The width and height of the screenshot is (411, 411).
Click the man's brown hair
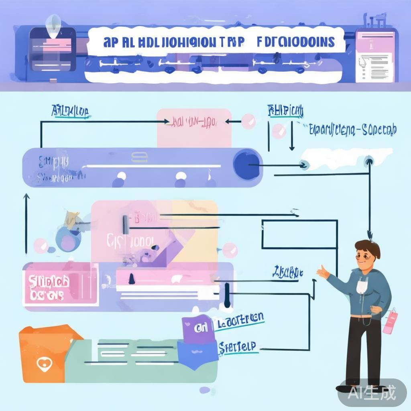(x=368, y=248)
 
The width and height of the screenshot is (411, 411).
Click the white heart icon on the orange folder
(x=42, y=364)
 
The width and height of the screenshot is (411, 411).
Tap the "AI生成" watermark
(x=372, y=392)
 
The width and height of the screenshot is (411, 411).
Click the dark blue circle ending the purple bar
(x=243, y=165)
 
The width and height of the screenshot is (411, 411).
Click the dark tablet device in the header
(x=52, y=49)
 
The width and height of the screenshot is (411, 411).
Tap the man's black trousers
(x=363, y=349)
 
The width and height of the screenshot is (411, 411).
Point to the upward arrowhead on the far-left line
(x=26, y=197)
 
